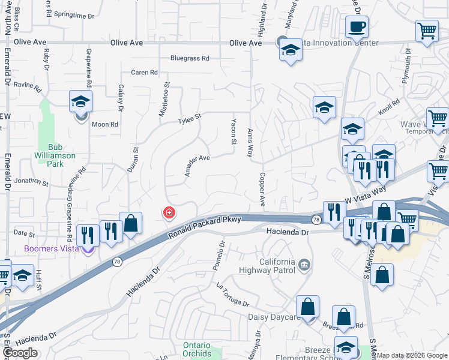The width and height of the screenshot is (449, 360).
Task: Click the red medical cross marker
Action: point(169,212)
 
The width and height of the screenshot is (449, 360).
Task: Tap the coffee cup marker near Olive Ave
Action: point(357,26)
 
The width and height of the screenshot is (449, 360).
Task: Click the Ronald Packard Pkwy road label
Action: point(204,228)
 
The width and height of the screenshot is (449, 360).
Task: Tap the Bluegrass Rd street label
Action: point(190,59)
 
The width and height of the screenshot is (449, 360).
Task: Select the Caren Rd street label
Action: point(144,73)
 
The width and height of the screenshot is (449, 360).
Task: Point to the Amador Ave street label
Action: point(196,166)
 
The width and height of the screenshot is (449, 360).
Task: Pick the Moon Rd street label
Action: point(105,124)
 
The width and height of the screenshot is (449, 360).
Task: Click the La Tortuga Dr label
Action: point(232,294)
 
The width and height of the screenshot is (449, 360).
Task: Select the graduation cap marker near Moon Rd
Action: point(80,101)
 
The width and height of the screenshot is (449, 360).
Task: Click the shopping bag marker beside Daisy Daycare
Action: point(307,307)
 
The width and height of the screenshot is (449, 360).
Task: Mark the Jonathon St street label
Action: point(31,181)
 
